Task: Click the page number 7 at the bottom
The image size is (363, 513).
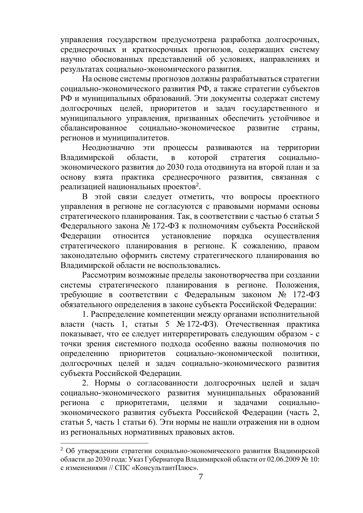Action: coord(201,477)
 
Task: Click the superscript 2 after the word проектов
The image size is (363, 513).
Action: coord(197,185)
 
